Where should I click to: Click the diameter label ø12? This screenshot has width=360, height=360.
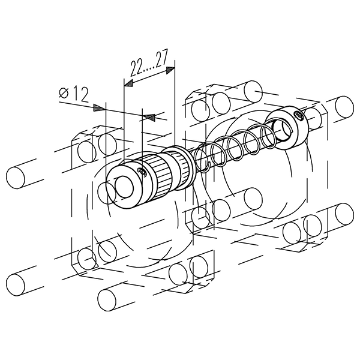[x=73, y=95]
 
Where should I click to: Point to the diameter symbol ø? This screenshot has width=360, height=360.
[x=64, y=93]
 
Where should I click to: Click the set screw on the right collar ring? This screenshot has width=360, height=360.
[x=298, y=114]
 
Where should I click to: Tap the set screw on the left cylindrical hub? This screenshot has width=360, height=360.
[x=142, y=171]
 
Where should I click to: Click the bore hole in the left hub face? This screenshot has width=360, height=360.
[x=124, y=187]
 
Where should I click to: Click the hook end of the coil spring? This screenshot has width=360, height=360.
[x=206, y=167]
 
